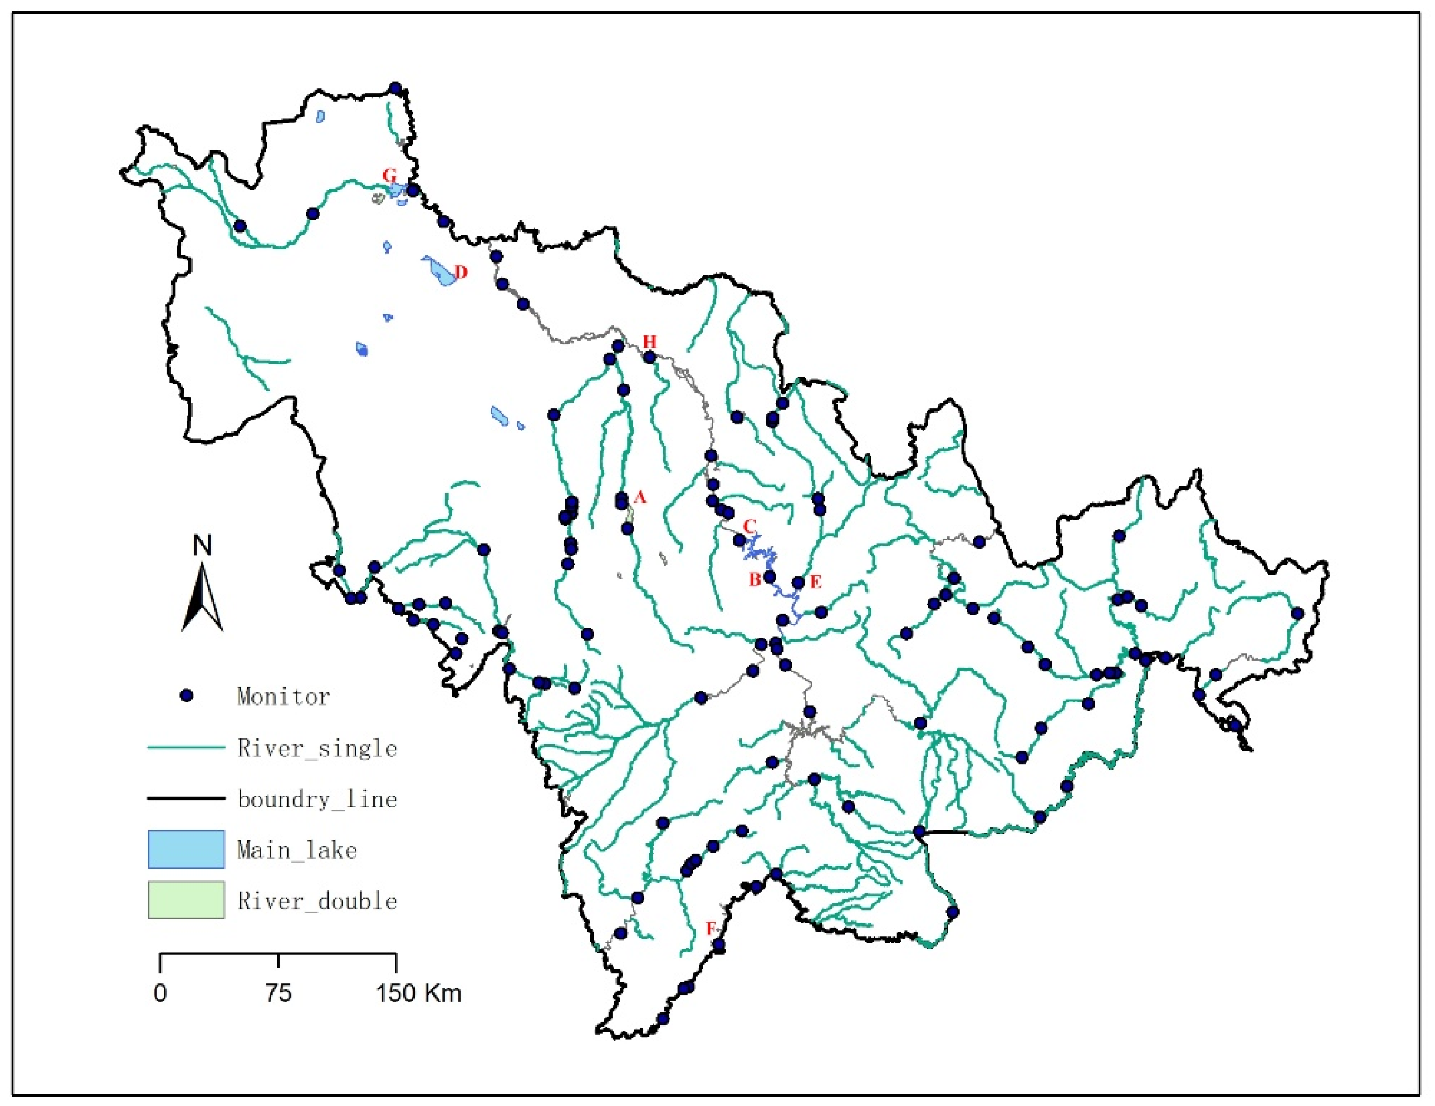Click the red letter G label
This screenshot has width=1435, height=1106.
[x=390, y=175]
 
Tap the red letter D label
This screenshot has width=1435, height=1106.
[x=461, y=272]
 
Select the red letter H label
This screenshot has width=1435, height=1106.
[x=649, y=341]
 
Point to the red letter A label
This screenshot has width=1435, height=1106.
[x=640, y=497]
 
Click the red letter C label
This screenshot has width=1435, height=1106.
[x=750, y=526]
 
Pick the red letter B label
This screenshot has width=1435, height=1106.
[x=755, y=579]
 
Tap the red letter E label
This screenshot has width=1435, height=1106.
[x=815, y=581]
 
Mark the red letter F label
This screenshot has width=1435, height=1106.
[x=710, y=929]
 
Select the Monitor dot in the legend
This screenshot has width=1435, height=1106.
[x=187, y=695]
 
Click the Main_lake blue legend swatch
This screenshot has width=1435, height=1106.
[x=186, y=849]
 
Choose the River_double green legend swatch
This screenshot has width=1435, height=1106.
[x=186, y=900]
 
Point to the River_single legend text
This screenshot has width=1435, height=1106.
[x=317, y=748]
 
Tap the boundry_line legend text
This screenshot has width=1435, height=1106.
[x=317, y=799]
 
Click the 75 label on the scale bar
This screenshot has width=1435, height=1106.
[x=279, y=993]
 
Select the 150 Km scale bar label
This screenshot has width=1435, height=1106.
[x=419, y=993]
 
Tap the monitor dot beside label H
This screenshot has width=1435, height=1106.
[x=650, y=357]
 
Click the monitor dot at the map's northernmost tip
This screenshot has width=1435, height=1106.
[x=396, y=87]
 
